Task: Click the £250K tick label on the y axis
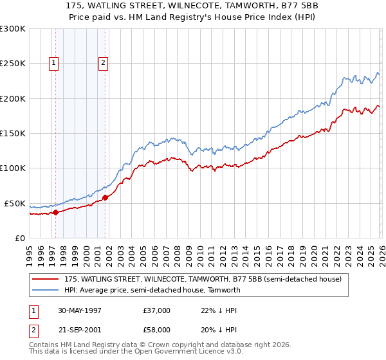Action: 13,64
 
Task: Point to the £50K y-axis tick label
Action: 15,203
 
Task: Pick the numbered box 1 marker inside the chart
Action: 53,63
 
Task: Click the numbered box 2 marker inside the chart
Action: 103,63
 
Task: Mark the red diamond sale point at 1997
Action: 56,212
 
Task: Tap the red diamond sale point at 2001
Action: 106,197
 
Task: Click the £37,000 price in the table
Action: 157,310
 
